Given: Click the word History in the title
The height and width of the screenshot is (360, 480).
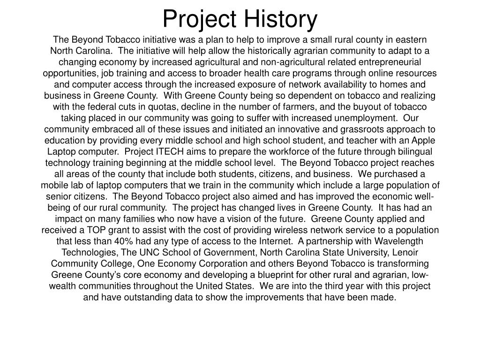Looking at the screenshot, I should pos(281,19).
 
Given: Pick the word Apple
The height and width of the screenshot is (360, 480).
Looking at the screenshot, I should pos(424,141).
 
